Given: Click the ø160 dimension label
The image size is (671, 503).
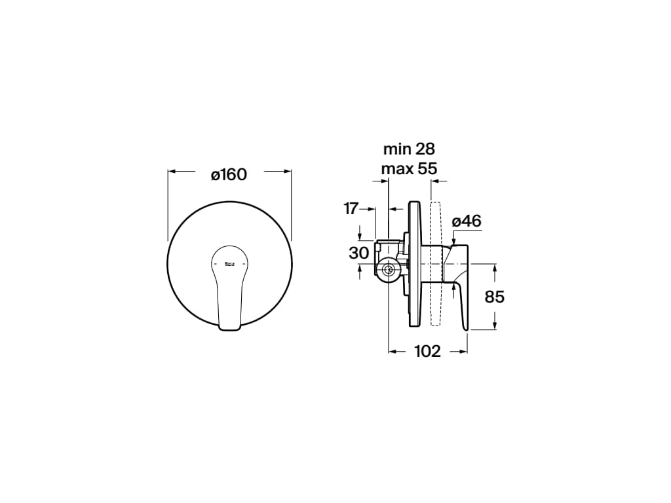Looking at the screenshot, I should (x=229, y=175).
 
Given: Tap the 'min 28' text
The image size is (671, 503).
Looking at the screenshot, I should (x=409, y=149).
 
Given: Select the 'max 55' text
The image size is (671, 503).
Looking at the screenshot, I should (x=409, y=169).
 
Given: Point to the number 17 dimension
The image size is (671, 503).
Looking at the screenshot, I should (x=351, y=209).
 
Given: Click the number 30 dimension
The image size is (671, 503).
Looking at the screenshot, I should (x=358, y=253).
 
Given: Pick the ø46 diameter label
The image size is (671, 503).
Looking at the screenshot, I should (x=467, y=221).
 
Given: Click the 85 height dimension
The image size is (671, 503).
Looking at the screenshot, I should (x=495, y=297).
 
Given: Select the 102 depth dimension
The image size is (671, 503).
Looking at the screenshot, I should (x=428, y=352).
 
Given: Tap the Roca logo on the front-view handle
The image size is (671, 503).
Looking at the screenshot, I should (x=230, y=264).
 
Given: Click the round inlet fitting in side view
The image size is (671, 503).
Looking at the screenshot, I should (x=389, y=269).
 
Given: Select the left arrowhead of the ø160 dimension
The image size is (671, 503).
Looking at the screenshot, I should (x=172, y=172).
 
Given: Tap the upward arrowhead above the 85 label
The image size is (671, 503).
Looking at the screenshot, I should (x=495, y=269).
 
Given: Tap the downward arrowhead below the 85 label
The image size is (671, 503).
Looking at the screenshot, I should (x=495, y=326).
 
